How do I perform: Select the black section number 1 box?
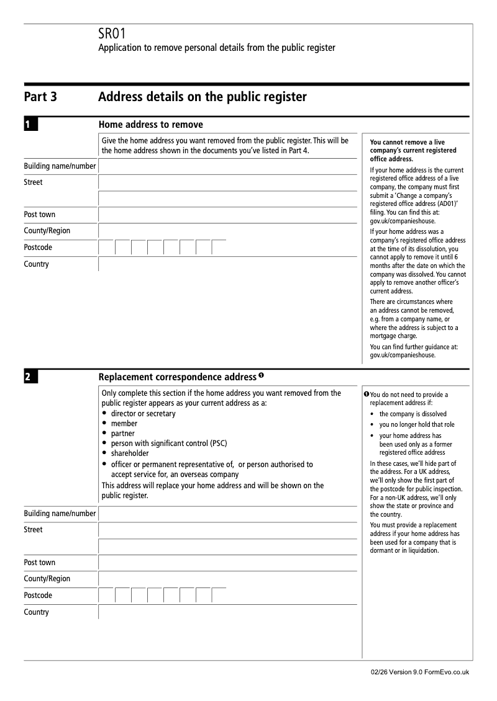[x=31, y=125]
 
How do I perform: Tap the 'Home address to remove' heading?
[x=150, y=125]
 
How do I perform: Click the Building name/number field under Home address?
[x=227, y=166]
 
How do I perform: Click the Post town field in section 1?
[x=227, y=215]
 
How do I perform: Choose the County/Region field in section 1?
[x=227, y=231]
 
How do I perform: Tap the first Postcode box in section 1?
[x=107, y=248]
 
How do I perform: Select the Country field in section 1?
[x=227, y=264]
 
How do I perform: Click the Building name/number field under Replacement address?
[x=227, y=514]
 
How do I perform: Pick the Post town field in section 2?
[x=227, y=563]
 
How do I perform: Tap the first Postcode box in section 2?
[x=107, y=596]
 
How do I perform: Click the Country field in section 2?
[x=227, y=612]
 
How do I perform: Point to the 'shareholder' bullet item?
[x=130, y=453]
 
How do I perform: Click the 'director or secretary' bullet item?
[x=143, y=414]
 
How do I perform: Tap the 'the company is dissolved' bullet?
[x=413, y=414]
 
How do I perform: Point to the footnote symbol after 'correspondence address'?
[x=262, y=376]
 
